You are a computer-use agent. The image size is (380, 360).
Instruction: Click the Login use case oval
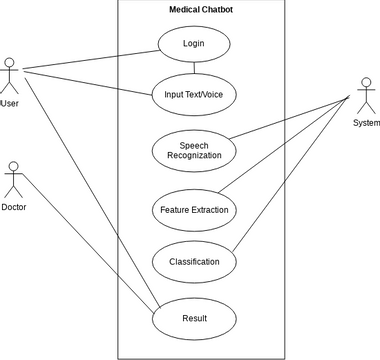(x=194, y=45)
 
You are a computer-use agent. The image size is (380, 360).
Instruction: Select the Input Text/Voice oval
(x=194, y=95)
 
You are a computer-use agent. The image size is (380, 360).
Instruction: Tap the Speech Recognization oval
(x=194, y=150)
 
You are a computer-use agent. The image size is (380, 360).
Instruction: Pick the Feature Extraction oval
(x=194, y=210)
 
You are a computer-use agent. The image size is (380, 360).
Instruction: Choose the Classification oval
(x=194, y=262)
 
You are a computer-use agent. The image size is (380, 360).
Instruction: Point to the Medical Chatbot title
(x=201, y=9)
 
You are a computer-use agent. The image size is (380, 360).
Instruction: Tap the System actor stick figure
(x=366, y=96)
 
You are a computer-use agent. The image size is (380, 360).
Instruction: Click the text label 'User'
(x=10, y=103)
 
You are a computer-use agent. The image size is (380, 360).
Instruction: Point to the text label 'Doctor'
(x=13, y=207)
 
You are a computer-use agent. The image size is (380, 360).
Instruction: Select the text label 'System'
(x=366, y=122)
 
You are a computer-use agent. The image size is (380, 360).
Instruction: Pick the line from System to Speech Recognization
(x=290, y=118)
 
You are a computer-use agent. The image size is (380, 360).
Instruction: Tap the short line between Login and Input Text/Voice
(x=194, y=69)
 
